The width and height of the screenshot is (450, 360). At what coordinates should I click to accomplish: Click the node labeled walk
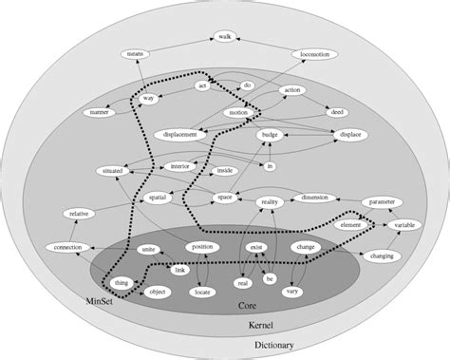(x=225, y=36)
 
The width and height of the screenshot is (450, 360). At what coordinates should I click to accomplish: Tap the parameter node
(x=383, y=201)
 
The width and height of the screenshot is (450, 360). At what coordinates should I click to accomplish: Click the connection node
(x=64, y=248)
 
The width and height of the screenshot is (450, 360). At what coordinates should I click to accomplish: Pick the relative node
(x=80, y=216)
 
